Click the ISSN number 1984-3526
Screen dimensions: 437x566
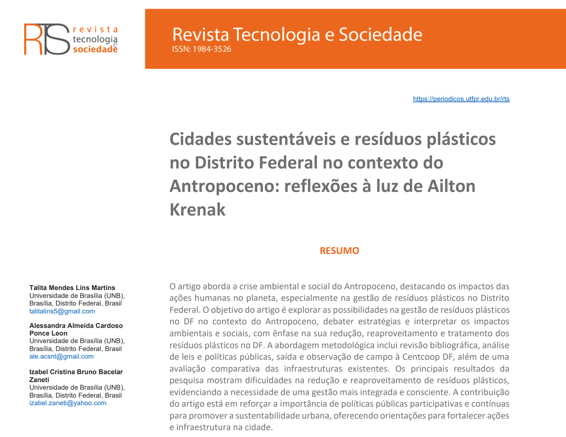pyautogui.click(x=212, y=49)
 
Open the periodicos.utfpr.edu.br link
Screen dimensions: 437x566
pyautogui.click(x=461, y=99)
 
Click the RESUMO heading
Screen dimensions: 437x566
pyautogui.click(x=339, y=251)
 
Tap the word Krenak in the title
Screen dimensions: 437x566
pyautogui.click(x=198, y=209)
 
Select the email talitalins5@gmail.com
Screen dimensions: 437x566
pyautogui.click(x=62, y=311)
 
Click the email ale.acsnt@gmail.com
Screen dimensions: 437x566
pyautogui.click(x=61, y=356)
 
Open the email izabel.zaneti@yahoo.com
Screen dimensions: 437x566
pyautogui.click(x=68, y=403)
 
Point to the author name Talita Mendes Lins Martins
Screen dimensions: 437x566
pyautogui.click(x=72, y=288)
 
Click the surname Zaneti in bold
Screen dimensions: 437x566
pyautogui.click(x=39, y=380)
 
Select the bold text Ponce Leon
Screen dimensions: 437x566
pyautogui.click(x=48, y=333)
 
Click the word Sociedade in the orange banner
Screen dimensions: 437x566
pyautogui.click(x=380, y=35)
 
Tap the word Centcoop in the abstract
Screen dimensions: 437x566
pyautogui.click(x=424, y=357)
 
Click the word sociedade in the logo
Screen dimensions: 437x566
pyautogui.click(x=95, y=49)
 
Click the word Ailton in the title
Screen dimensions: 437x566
pyautogui.click(x=451, y=186)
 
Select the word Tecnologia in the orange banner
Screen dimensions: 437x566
pyautogui.click(x=277, y=35)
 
